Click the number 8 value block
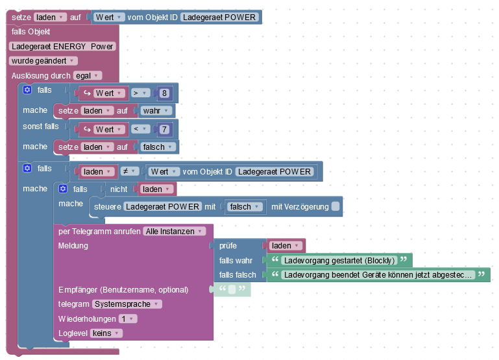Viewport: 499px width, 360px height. pos(165,93)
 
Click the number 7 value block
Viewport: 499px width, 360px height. pos(165,130)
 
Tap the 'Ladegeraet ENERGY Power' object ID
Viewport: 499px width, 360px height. pos(62,46)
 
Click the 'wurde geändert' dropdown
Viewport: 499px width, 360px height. pos(42,60)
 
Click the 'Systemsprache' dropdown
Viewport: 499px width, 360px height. pos(127,304)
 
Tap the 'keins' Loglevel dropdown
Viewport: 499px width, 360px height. pos(105,333)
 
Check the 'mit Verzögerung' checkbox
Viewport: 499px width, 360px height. pos(335,207)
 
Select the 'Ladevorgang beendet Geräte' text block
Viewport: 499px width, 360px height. pos(380,275)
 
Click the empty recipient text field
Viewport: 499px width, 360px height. pos(232,289)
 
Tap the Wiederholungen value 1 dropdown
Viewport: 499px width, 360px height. pos(127,318)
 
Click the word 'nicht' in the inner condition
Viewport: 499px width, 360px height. pos(118,189)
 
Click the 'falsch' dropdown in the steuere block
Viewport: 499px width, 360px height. pos(244,207)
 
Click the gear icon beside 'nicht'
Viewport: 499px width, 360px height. pos(63,189)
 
